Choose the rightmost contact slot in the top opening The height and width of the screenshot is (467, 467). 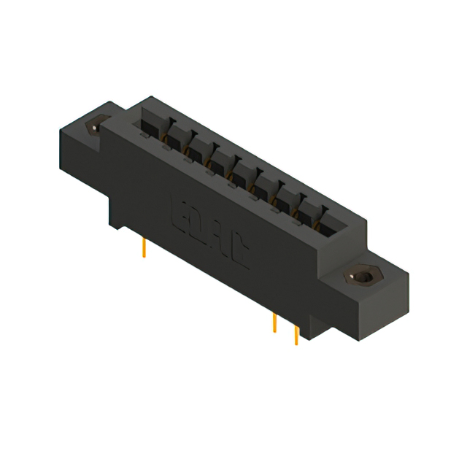(325, 222)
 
